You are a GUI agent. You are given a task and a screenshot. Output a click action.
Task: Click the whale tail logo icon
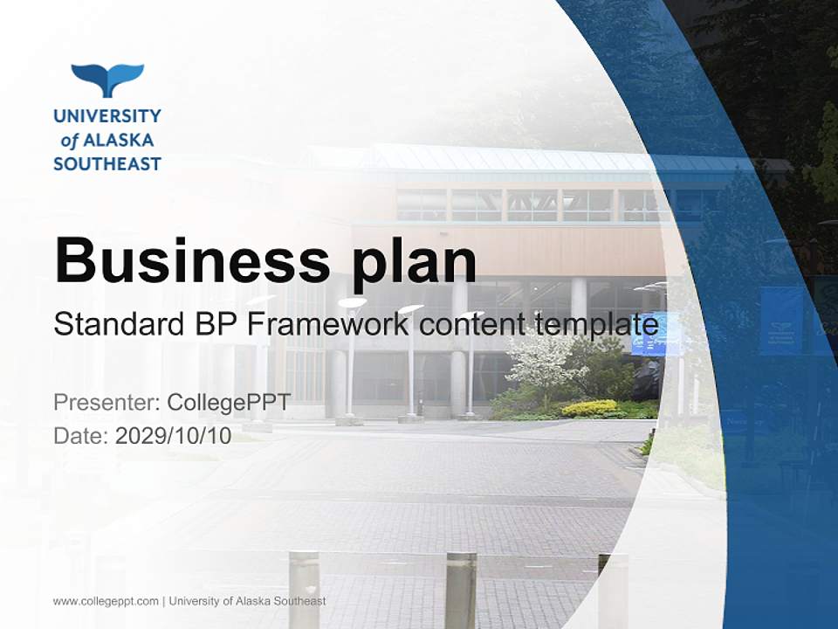point(107,79)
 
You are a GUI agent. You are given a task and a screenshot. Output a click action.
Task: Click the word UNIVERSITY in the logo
point(107,115)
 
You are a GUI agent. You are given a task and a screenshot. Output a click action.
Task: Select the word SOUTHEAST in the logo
point(107,163)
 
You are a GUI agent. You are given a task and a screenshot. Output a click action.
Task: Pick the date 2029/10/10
point(174,435)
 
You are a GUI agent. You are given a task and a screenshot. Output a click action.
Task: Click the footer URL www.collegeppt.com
point(106,601)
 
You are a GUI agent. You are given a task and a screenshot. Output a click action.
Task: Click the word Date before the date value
point(79,435)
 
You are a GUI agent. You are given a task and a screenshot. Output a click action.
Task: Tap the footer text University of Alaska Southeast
point(247,601)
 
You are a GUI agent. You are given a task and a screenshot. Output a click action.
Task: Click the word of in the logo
point(69,141)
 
